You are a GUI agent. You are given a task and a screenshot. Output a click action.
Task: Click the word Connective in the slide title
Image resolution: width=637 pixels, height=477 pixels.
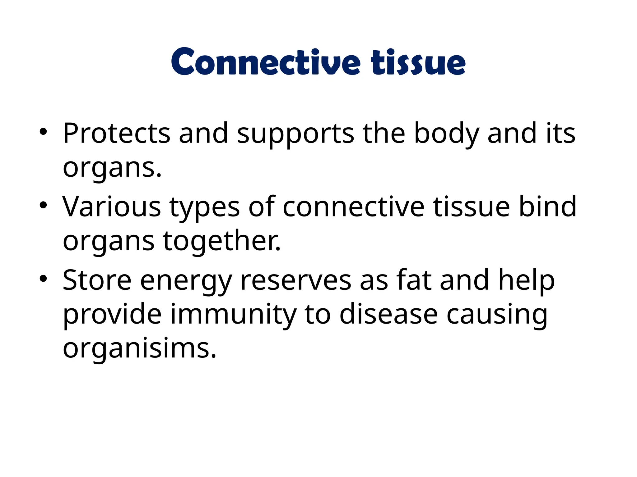[266, 62]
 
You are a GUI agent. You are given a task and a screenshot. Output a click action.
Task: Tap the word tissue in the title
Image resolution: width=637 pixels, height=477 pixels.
[418, 62]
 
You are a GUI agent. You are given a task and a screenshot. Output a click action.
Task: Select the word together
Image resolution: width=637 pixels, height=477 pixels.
[221, 241]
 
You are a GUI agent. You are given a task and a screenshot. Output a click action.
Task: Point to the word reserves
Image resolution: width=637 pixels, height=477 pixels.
[296, 281]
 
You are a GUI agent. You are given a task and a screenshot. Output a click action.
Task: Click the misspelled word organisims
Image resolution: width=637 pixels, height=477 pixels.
[139, 348]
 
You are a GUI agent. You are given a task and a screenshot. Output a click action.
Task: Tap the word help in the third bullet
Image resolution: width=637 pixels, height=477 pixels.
[526, 281]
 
